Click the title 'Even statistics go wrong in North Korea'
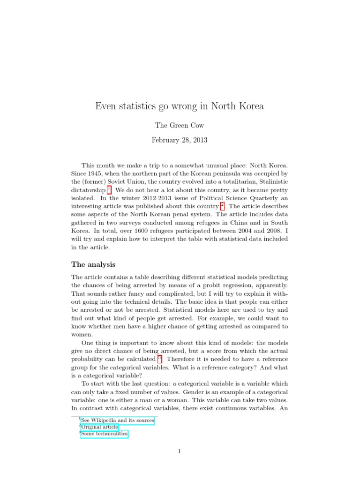tap(180, 106)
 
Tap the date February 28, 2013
tap(180, 140)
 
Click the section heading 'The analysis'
tap(93, 264)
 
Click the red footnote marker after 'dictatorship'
tap(109, 189)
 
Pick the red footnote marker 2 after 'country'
tap(223, 205)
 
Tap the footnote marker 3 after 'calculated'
tap(159, 358)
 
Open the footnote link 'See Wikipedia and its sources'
tap(117, 420)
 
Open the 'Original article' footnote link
tap(99, 427)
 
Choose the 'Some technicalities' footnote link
tap(104, 434)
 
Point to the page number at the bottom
tap(180, 451)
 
